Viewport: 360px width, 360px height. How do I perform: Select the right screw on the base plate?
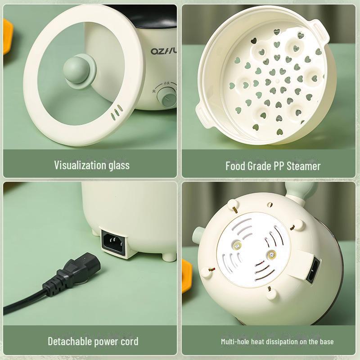pos(271,256)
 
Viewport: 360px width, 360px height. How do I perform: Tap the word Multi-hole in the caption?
pos(235,342)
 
